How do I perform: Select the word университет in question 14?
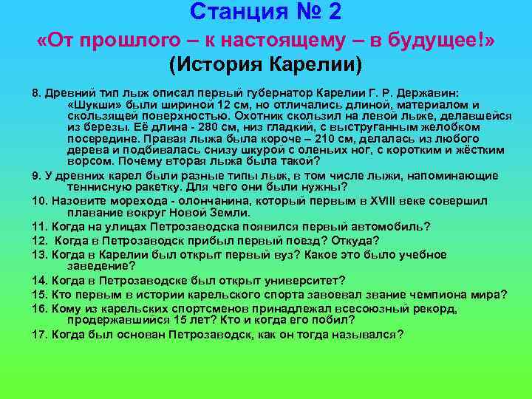coord(297,280)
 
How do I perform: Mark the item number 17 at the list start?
coord(39,334)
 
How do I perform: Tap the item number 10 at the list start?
coord(39,199)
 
